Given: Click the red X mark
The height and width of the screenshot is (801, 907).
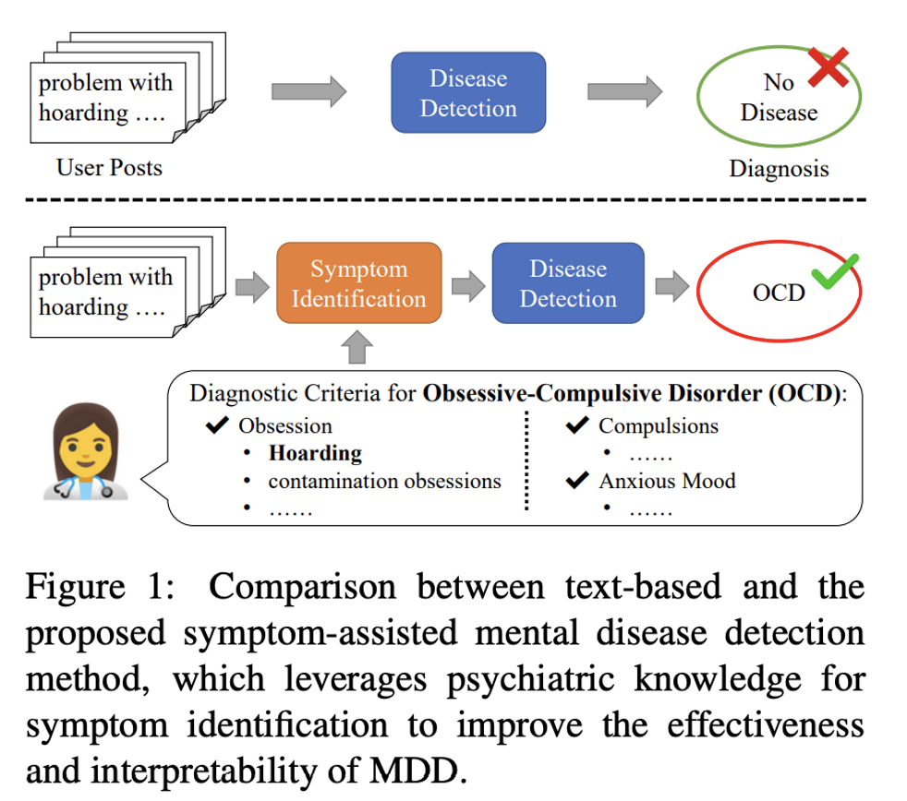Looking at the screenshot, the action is click(x=828, y=67).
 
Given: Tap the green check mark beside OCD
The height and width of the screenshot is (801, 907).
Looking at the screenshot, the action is click(x=834, y=271).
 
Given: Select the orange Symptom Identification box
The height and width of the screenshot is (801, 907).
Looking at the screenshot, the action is click(x=358, y=283).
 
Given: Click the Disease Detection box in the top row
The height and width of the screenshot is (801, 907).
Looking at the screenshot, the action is click(x=468, y=92).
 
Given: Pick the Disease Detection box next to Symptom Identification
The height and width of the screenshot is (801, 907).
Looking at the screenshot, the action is click(x=568, y=283).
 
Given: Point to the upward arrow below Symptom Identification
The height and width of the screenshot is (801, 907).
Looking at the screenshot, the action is click(x=357, y=347).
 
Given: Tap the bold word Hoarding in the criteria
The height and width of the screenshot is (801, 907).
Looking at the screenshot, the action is click(x=315, y=453).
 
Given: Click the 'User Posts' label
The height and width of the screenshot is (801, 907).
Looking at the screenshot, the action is click(x=109, y=168).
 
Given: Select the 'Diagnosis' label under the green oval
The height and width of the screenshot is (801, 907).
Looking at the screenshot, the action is click(x=779, y=169).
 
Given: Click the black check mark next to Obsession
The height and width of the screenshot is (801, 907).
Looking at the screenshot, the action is click(x=217, y=424).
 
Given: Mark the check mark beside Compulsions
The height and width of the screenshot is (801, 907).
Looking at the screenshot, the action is click(x=577, y=424).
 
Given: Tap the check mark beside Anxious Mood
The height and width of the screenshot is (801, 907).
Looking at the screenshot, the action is click(x=577, y=480).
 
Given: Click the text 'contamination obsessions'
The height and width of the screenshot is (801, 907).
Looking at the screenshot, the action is click(x=384, y=481).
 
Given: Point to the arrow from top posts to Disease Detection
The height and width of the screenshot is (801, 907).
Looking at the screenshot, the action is click(x=308, y=91).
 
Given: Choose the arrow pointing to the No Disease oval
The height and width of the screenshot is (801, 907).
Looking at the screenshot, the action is click(x=624, y=91).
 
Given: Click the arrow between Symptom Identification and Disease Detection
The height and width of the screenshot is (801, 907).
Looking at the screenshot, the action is click(x=468, y=285).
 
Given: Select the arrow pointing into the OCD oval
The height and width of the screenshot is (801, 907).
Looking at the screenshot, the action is click(x=672, y=285).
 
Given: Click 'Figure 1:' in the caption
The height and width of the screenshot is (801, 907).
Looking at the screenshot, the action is click(x=100, y=587).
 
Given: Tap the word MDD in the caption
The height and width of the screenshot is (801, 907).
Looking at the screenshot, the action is click(x=418, y=771).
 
